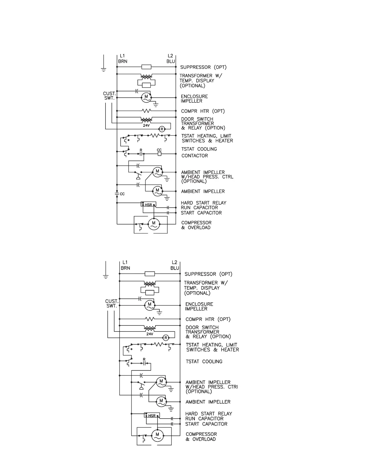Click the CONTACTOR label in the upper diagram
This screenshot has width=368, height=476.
195,156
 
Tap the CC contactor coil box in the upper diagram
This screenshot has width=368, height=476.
160,154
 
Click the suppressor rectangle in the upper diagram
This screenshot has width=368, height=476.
146,67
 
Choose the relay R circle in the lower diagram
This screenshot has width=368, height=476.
165,337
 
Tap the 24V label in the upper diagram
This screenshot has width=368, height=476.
146,125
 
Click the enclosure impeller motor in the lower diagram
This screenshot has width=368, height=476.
149,305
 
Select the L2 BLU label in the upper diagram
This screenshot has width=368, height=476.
170,59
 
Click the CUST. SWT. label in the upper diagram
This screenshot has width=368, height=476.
109,96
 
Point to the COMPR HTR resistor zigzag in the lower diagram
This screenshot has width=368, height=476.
150,319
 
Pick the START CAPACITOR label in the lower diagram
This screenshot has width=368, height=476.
206,424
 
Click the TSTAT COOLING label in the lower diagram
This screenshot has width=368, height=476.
204,362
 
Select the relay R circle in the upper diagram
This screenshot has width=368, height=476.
161,129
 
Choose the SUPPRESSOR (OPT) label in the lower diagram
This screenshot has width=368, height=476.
208,274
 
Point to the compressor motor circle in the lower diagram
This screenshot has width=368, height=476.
157,435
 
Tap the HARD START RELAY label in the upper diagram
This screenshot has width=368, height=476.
203,203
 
